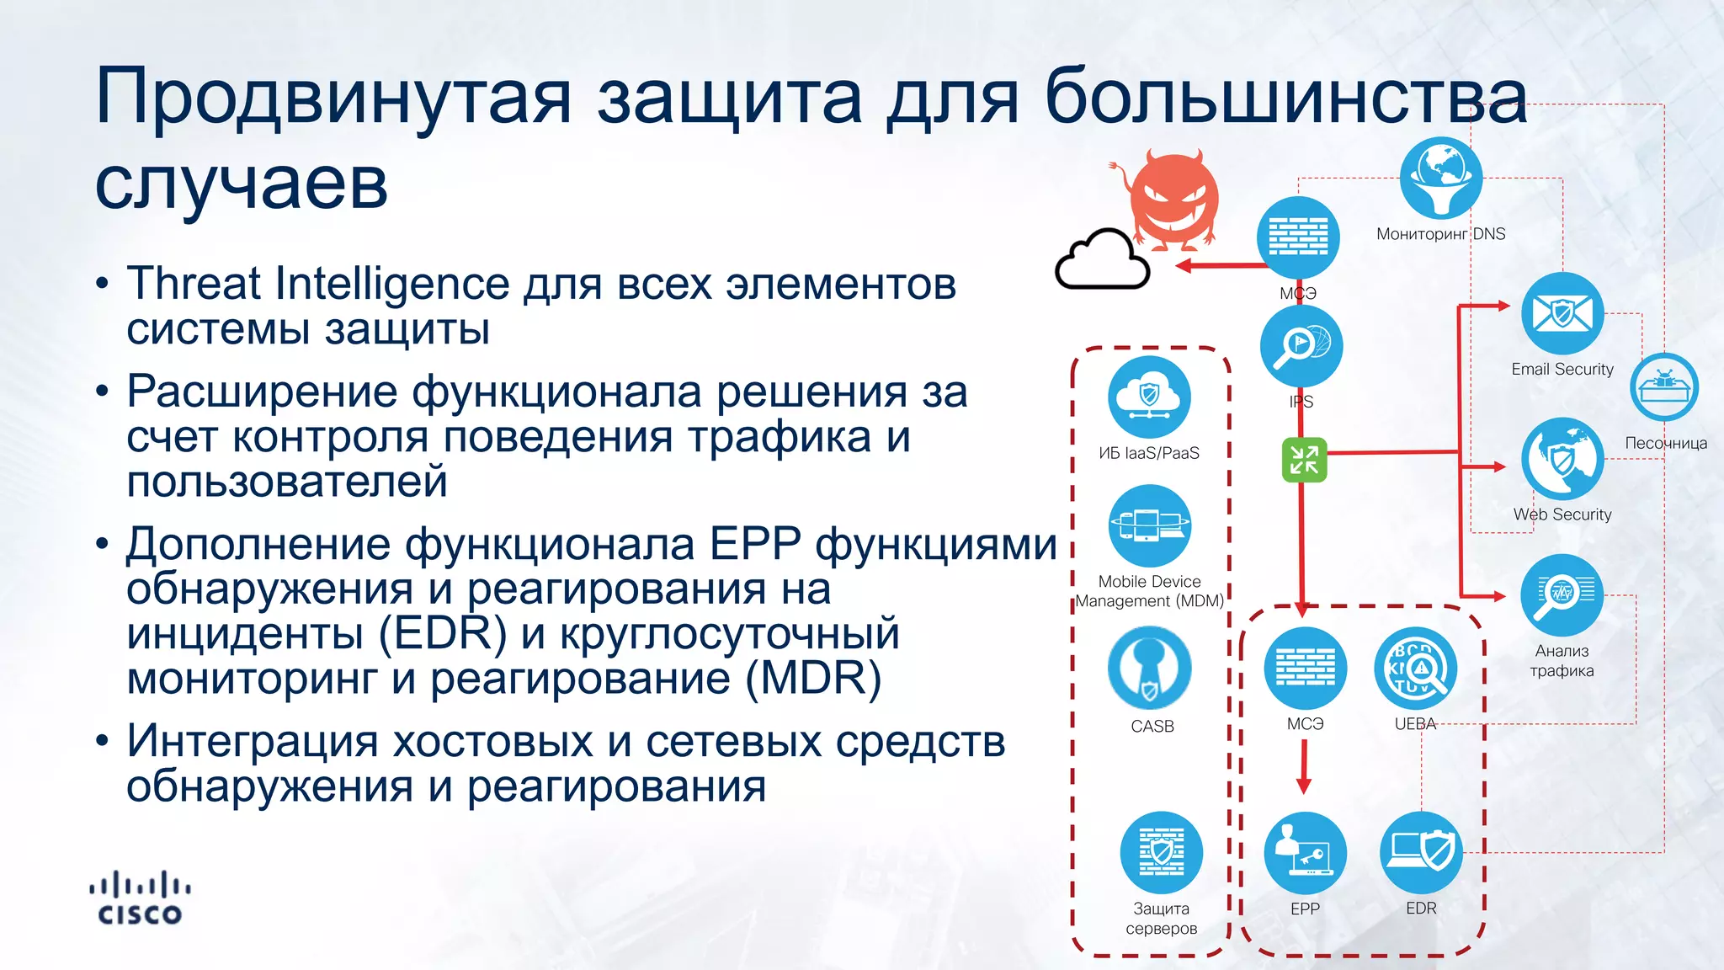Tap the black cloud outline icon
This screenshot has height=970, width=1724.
pyautogui.click(x=1103, y=261)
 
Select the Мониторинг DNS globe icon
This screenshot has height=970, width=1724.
pyautogui.click(x=1441, y=178)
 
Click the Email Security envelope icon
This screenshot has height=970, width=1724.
pyautogui.click(x=1562, y=314)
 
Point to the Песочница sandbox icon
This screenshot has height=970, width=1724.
pyautogui.click(x=1664, y=388)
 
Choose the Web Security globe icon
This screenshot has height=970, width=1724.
pyautogui.click(x=1562, y=459)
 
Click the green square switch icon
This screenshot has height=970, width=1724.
pyautogui.click(x=1304, y=460)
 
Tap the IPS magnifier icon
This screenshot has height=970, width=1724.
pyautogui.click(x=1301, y=346)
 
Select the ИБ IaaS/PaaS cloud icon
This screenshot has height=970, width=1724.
pyautogui.click(x=1149, y=397)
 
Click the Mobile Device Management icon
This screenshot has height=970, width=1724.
pyautogui.click(x=1149, y=525)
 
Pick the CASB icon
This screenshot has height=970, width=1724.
pyautogui.click(x=1150, y=669)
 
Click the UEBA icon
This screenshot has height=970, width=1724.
pyautogui.click(x=1416, y=669)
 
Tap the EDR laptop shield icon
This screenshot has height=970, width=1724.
pyautogui.click(x=1421, y=853)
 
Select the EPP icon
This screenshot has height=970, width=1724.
pyautogui.click(x=1305, y=853)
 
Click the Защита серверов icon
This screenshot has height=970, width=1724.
pyautogui.click(x=1161, y=853)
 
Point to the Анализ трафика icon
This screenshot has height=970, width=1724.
pyautogui.click(x=1562, y=595)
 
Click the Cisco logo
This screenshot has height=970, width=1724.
pyautogui.click(x=140, y=898)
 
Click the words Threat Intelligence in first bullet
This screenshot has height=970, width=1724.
pyautogui.click(x=318, y=284)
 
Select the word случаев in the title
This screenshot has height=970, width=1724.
pyautogui.click(x=242, y=183)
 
